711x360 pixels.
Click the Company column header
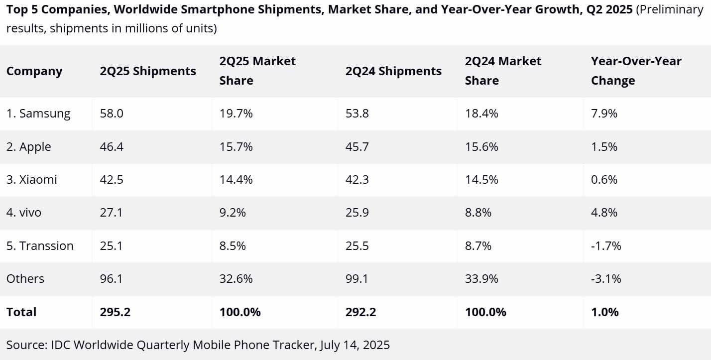(x=34, y=71)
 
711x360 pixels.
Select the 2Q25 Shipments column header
(x=148, y=71)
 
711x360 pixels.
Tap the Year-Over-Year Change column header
(x=636, y=71)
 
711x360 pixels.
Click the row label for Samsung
(x=38, y=114)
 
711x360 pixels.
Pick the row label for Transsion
(x=40, y=246)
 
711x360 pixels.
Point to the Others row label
(x=25, y=279)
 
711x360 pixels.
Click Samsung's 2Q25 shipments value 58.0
(x=112, y=114)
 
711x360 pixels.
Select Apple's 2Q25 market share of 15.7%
(x=236, y=147)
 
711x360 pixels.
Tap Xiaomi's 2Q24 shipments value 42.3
(x=357, y=180)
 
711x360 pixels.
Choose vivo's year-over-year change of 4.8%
(x=604, y=213)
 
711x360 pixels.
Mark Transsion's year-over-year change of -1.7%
(x=606, y=246)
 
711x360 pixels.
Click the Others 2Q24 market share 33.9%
(x=481, y=279)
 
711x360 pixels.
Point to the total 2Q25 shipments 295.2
(x=115, y=312)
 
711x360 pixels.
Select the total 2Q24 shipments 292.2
(x=360, y=312)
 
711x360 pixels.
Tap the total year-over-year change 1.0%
(x=604, y=312)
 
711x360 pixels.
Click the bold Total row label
(x=21, y=312)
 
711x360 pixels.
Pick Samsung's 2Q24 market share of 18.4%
(x=481, y=114)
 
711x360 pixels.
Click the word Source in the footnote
(x=25, y=345)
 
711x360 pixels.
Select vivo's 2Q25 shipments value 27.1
(x=111, y=213)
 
